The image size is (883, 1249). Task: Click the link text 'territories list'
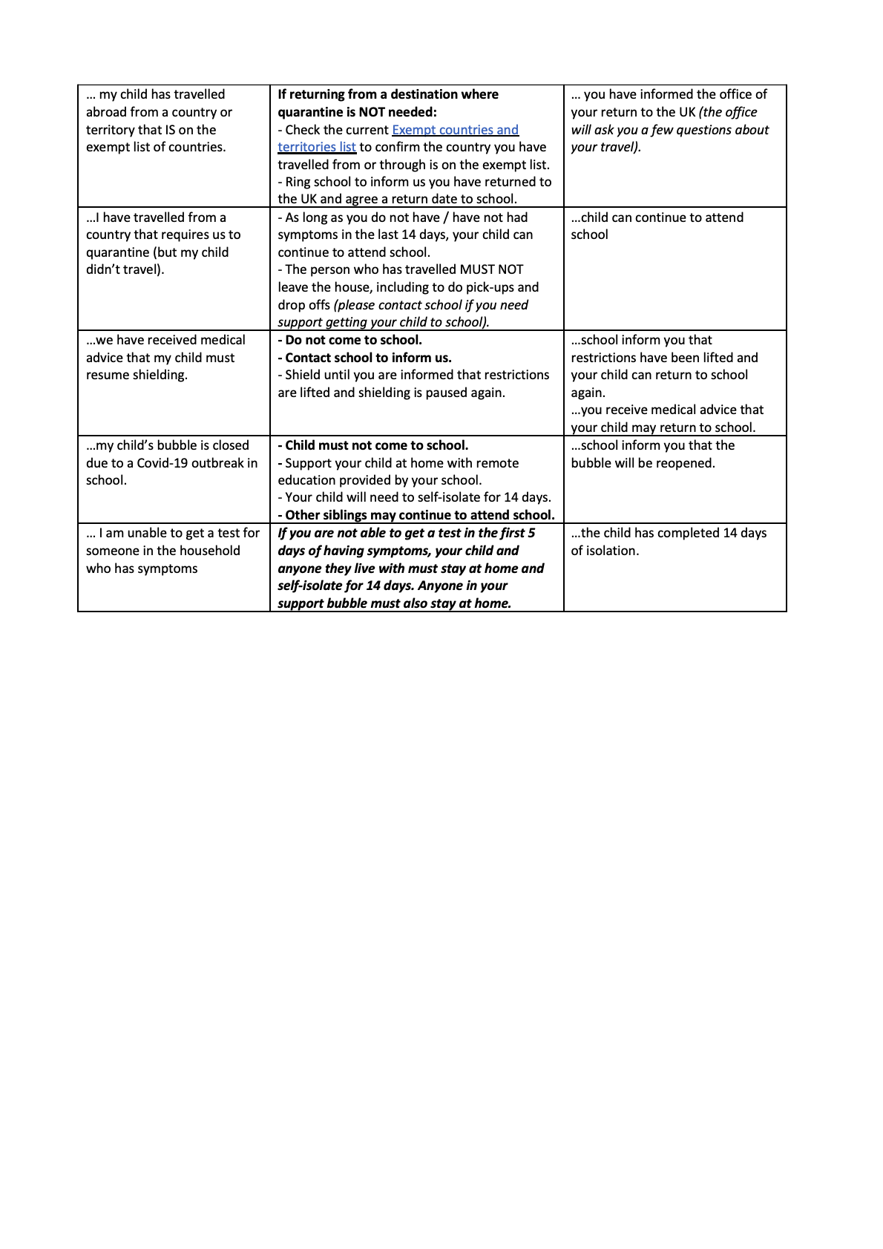click(x=317, y=147)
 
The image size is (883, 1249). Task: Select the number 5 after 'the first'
click(x=531, y=533)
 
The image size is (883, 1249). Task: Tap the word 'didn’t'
click(x=104, y=269)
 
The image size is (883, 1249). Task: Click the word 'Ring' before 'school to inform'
click(x=298, y=182)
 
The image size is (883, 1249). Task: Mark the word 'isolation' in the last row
click(x=613, y=551)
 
